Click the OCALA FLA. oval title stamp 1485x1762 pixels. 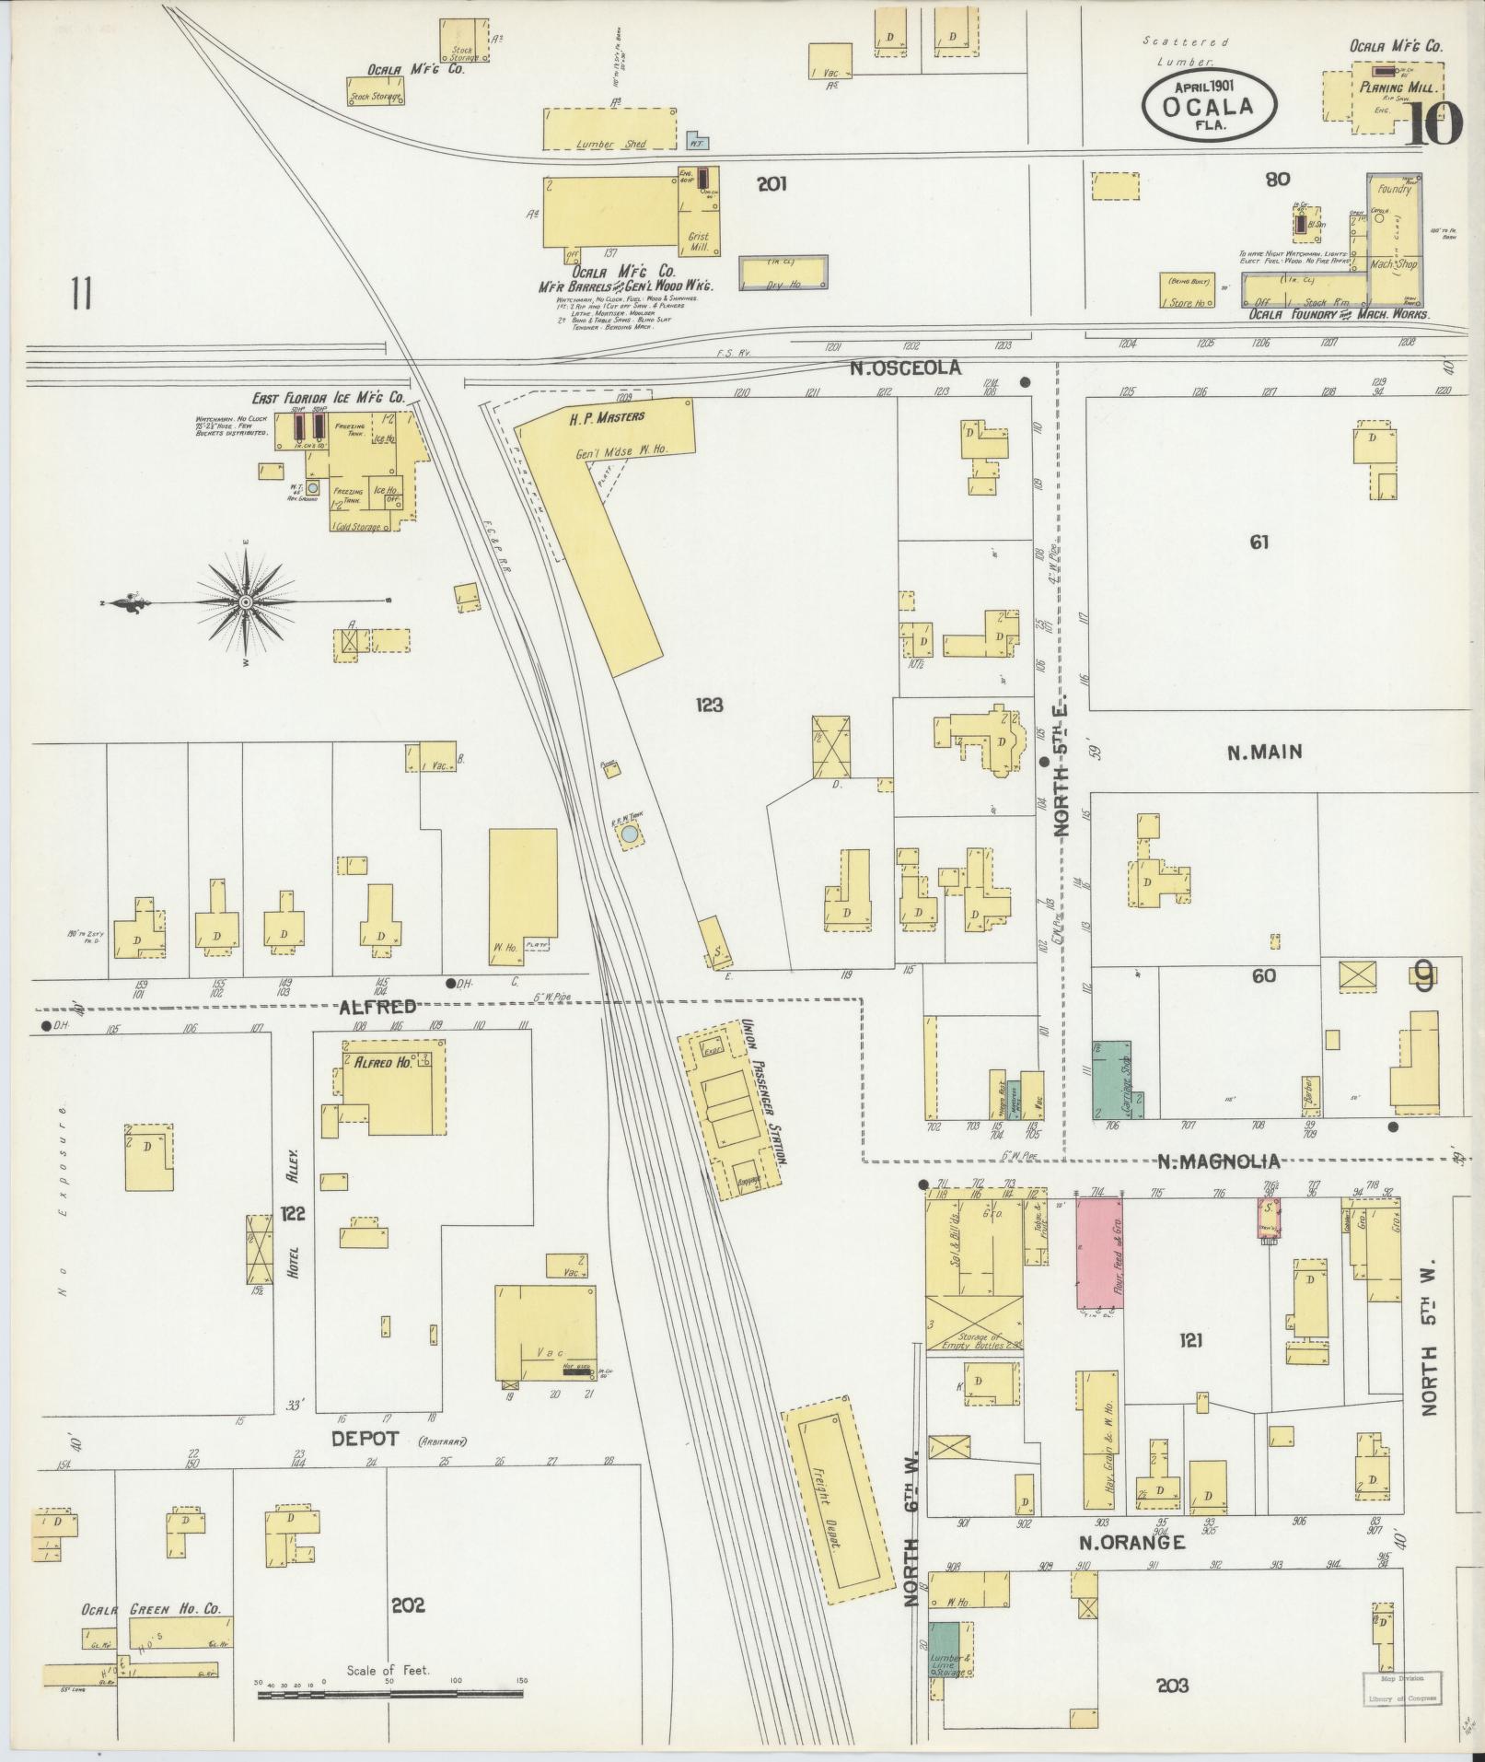(1210, 107)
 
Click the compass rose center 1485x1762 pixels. (246, 602)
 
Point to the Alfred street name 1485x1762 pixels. (377, 1007)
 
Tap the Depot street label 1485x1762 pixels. (365, 1439)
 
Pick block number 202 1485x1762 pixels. (407, 1604)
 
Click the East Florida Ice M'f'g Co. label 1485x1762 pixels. (330, 398)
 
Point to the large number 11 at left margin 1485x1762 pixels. (81, 295)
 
